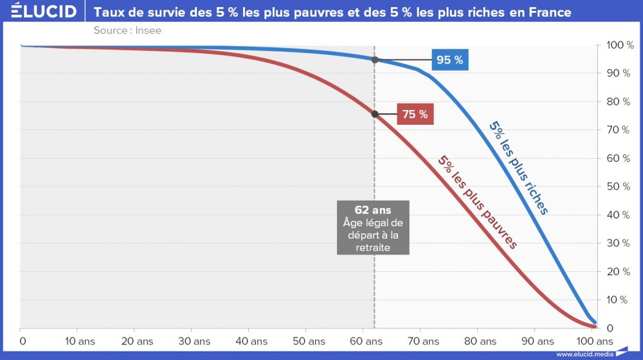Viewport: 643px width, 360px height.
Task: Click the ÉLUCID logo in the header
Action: point(40,12)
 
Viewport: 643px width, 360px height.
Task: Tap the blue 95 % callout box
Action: point(449,60)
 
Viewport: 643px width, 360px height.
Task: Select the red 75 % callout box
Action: point(415,114)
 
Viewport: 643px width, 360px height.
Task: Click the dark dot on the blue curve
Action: point(374,60)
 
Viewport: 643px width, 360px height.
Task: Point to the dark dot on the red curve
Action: point(374,114)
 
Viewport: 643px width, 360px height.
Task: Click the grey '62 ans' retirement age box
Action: point(373,228)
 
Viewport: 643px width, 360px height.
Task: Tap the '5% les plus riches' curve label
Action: point(518,168)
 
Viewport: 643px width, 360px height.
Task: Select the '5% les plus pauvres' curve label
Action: point(477,202)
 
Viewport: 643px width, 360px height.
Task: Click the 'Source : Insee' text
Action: point(127,30)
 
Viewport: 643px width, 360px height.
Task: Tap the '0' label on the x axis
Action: point(21,341)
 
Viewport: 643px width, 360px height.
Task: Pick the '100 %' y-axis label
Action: point(620,45)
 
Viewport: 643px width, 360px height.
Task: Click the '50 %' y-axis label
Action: point(618,186)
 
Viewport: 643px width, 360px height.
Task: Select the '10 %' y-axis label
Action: point(618,300)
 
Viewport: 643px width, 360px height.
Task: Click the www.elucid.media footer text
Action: point(584,354)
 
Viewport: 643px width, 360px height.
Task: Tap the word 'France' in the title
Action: point(548,12)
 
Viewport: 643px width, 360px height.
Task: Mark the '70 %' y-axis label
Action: point(618,130)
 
